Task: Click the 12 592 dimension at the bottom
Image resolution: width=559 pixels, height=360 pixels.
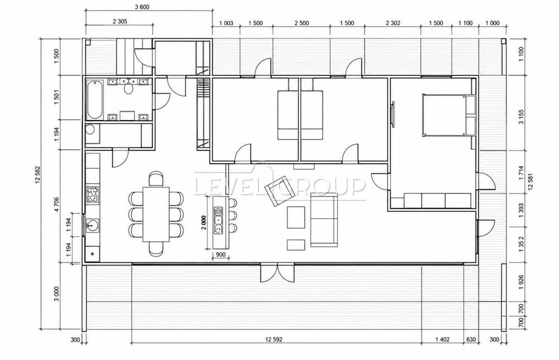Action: coord(274,339)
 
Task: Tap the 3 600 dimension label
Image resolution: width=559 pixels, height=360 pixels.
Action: coord(142,7)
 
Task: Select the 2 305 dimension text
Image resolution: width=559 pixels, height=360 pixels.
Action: coord(120,21)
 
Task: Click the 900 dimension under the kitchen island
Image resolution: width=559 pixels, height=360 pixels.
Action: coord(221,254)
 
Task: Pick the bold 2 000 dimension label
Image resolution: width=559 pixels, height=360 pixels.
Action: coord(203,224)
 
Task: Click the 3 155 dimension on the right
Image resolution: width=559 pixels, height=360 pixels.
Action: coord(522,117)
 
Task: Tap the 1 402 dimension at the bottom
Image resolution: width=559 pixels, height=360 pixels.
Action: coord(442,339)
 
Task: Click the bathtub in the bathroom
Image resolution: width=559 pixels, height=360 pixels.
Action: coord(94,100)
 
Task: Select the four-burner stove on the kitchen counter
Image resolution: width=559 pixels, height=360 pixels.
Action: coord(93,195)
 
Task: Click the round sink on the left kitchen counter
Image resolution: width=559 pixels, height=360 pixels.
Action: coord(93,225)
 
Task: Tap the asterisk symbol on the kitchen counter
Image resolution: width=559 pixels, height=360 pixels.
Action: coord(93,254)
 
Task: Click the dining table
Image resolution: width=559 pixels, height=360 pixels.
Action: coord(156,214)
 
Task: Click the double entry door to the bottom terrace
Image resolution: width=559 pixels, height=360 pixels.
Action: coord(277,273)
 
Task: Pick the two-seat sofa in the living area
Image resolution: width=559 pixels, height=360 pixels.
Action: coord(324,220)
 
